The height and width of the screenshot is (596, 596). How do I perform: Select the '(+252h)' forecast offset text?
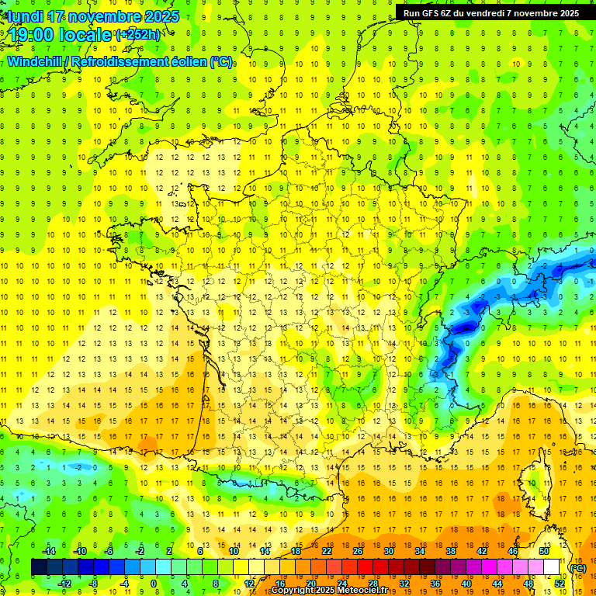click(x=138, y=34)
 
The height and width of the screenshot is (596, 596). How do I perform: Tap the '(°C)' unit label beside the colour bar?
click(x=578, y=568)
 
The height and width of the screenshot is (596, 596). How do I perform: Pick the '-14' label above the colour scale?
click(x=50, y=551)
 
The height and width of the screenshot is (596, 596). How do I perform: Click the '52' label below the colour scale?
click(x=560, y=583)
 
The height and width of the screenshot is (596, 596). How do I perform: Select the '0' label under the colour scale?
click(x=154, y=583)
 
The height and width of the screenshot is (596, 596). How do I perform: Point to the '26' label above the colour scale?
click(x=357, y=551)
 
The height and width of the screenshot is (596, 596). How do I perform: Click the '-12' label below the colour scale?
click(x=65, y=583)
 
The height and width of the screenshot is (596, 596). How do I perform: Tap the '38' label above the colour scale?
click(x=450, y=551)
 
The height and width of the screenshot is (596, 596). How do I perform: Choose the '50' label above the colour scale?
click(x=543, y=551)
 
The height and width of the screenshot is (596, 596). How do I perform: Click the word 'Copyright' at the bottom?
click(x=295, y=590)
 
